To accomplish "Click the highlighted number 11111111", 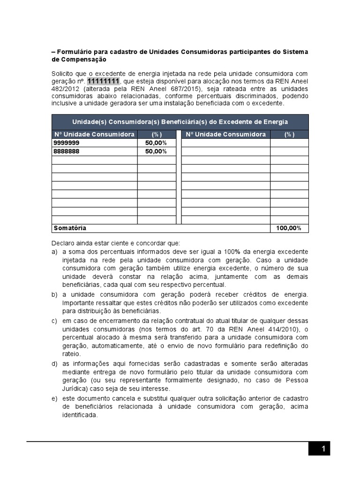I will click(103, 82).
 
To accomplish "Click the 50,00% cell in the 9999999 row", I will click(156, 143).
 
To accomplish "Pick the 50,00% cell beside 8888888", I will click(156, 151).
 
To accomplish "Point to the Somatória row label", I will click(70, 228).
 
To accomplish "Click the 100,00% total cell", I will click(289, 228).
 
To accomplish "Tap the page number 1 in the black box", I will click(323, 449).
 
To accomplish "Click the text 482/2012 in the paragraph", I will click(66, 89).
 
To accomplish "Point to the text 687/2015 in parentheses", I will click(184, 89).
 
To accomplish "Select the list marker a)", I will click(54, 252).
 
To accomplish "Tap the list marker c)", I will click(54, 321).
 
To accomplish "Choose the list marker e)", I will click(54, 398).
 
